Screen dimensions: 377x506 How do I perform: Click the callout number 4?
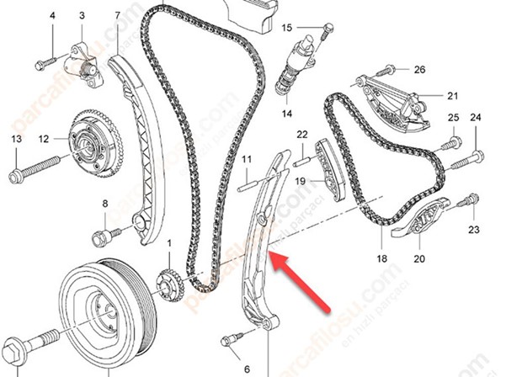[x=52, y=17]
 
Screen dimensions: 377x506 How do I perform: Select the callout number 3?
[x=82, y=16]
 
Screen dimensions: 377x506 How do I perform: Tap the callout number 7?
[x=116, y=16]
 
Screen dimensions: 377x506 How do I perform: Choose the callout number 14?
[x=286, y=114]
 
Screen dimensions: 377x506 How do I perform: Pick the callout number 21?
[x=451, y=95]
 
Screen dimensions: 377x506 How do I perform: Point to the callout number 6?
[x=247, y=369]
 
